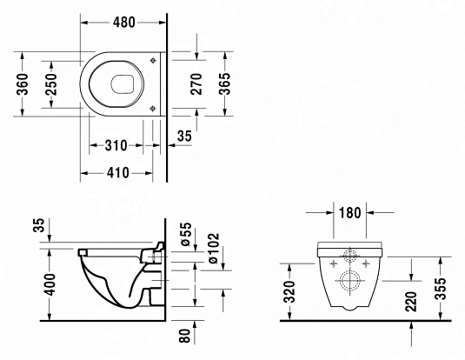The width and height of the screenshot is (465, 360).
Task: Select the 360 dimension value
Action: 24,84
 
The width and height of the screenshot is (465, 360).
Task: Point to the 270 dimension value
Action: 197,84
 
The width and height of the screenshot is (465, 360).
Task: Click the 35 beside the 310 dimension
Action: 184,137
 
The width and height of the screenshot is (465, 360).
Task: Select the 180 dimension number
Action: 351,212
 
